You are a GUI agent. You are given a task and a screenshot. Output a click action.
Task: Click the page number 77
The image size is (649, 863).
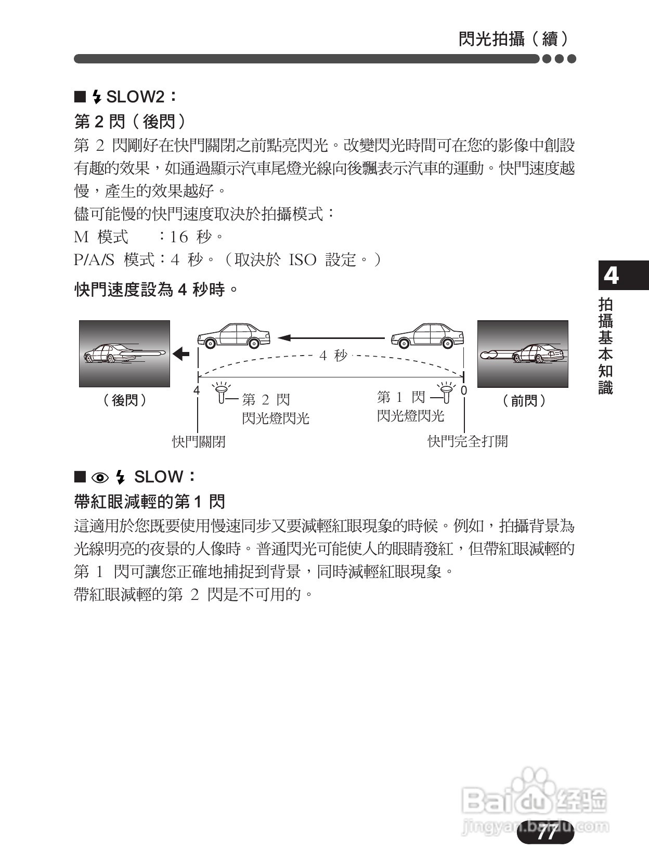[x=547, y=833]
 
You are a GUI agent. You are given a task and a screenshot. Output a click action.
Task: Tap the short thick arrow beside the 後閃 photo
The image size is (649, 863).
[x=181, y=354]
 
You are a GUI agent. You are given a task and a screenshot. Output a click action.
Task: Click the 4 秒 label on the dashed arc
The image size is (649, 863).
[x=333, y=356]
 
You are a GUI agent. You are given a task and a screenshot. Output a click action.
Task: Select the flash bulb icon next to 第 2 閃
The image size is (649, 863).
[x=222, y=393]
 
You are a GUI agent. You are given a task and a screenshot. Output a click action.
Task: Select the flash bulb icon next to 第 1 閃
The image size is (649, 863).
[x=446, y=393]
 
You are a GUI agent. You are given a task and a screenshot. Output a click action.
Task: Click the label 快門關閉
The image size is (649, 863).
[x=199, y=442]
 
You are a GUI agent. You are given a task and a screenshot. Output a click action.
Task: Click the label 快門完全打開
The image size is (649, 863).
[x=467, y=441]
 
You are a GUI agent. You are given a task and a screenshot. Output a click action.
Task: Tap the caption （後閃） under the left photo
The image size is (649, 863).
[x=125, y=400]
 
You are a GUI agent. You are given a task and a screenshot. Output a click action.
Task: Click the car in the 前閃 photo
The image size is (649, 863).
[x=537, y=354]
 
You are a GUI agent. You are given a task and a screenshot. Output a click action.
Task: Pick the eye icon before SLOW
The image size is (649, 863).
[x=100, y=477]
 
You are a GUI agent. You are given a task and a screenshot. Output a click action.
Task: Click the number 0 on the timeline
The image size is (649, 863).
[x=464, y=390]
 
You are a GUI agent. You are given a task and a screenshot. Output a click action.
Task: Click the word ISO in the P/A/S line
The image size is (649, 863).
[x=302, y=260]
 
